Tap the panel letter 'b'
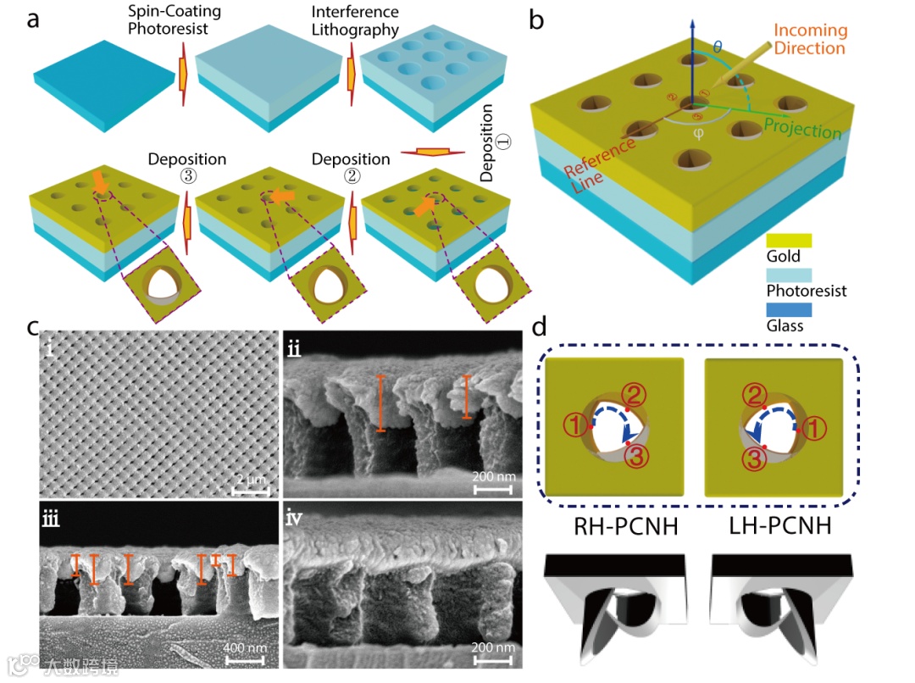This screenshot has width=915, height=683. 536,19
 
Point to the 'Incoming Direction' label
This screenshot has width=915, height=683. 810,39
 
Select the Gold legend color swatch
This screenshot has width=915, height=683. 789,241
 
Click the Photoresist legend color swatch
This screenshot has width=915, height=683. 789,275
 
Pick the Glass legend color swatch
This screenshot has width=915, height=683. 789,310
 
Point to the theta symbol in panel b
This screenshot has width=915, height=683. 718,48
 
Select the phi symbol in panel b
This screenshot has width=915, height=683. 698,133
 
